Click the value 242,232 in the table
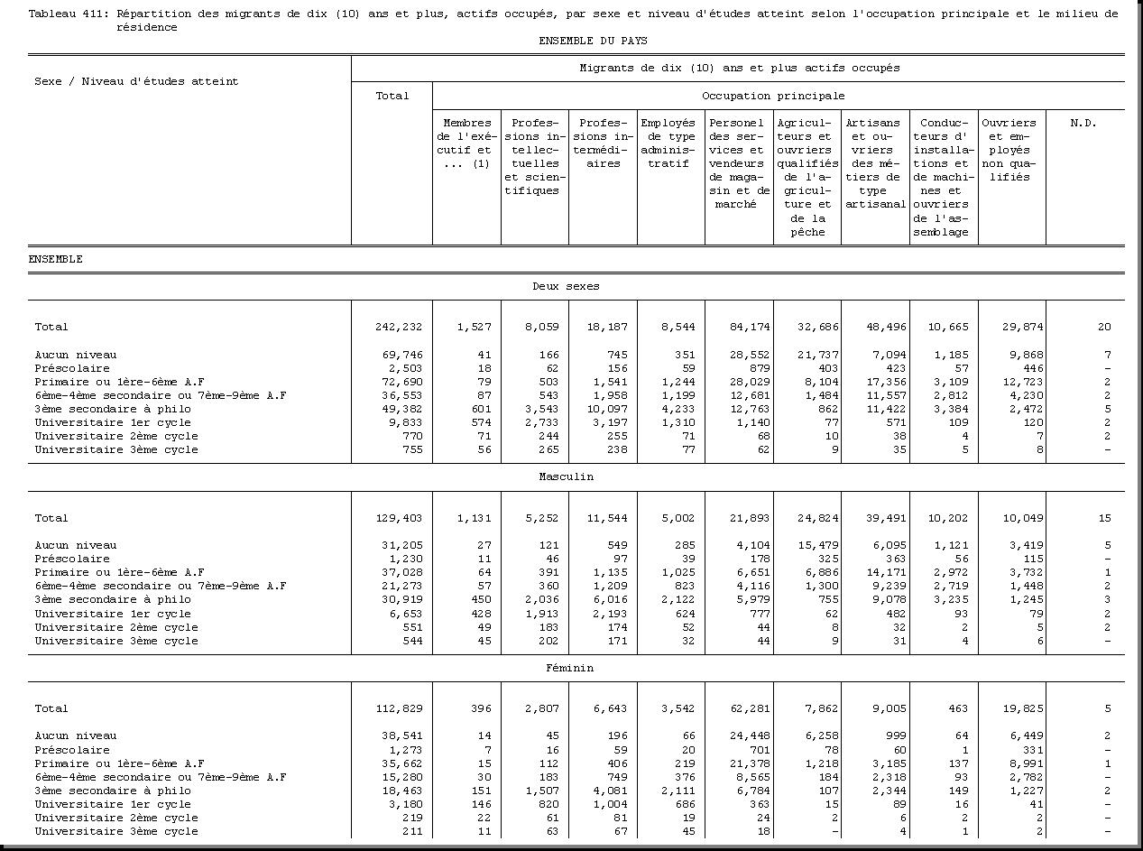click(x=399, y=327)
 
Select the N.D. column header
click(x=1083, y=123)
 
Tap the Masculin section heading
click(x=566, y=476)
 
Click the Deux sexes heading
click(x=566, y=286)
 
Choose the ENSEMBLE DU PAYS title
click(x=593, y=41)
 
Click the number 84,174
click(x=747, y=327)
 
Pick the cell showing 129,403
click(x=399, y=518)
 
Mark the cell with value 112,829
click(x=399, y=708)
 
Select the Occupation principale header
click(x=773, y=95)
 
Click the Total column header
click(x=392, y=96)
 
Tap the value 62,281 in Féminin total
click(x=747, y=708)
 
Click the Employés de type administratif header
click(x=668, y=143)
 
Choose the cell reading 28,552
click(x=747, y=355)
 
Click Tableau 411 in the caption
click(x=62, y=14)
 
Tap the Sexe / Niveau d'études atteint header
click(x=136, y=81)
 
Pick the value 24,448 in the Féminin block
click(x=747, y=735)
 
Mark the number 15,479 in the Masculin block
click(x=816, y=545)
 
